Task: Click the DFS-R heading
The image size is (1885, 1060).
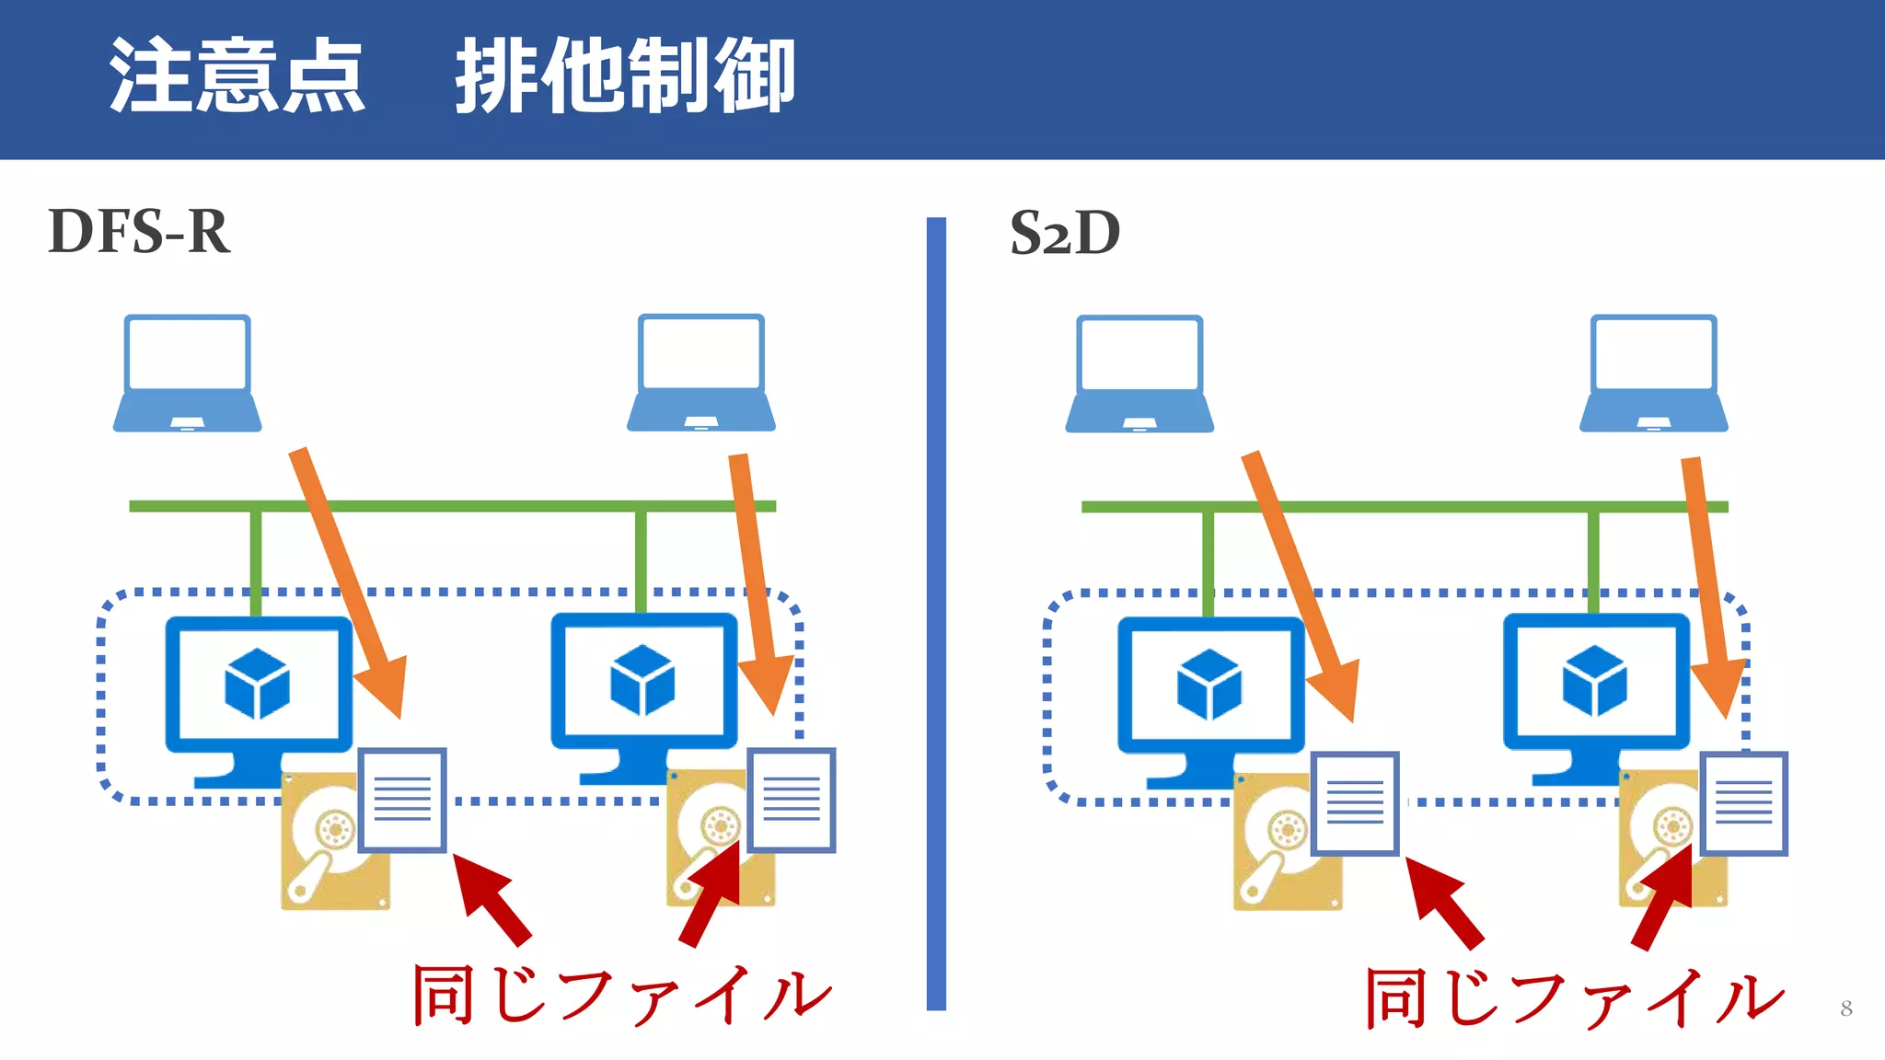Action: (x=138, y=232)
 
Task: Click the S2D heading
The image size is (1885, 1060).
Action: (x=1065, y=233)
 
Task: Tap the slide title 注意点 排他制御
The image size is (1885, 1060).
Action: (x=451, y=75)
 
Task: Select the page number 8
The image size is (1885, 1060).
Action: (x=1845, y=1008)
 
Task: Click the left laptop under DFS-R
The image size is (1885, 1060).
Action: (x=188, y=373)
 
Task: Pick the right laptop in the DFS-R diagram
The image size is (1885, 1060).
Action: (x=701, y=373)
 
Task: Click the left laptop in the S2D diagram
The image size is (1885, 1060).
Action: (x=1139, y=374)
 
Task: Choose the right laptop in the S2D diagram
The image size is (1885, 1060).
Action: (x=1654, y=374)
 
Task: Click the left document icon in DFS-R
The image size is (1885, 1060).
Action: (x=402, y=800)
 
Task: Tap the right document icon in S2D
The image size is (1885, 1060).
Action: (x=1743, y=803)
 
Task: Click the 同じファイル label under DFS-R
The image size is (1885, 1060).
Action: (x=622, y=996)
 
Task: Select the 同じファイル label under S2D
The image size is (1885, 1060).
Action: (x=1574, y=998)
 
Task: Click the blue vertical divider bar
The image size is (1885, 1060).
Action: (x=936, y=613)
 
